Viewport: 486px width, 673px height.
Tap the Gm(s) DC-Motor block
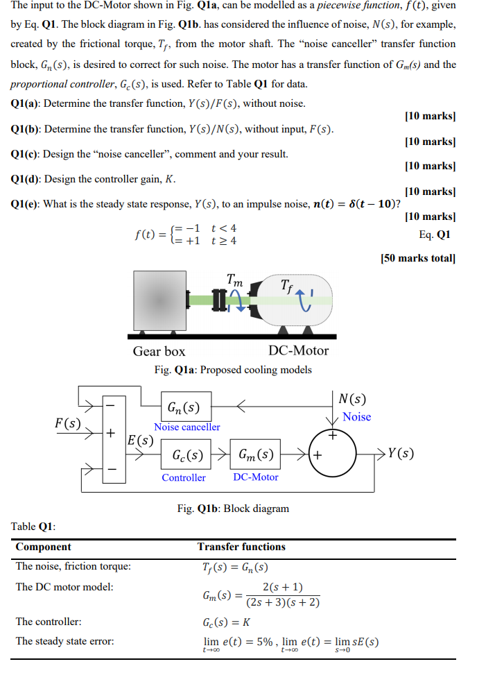255,456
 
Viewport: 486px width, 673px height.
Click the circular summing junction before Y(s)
334,454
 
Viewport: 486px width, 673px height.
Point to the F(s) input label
67,422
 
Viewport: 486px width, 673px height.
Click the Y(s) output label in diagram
401,454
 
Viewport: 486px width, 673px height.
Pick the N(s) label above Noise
353,400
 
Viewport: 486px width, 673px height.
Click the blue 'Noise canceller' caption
187,427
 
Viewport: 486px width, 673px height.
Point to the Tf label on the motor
288,285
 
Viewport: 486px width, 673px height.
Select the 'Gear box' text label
159,351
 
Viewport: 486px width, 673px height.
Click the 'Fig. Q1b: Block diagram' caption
233,509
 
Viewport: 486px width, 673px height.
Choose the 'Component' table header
43,547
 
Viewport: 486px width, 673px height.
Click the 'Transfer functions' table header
241,547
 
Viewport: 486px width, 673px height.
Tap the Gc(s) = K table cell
227,622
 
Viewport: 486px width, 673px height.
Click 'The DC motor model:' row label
64,587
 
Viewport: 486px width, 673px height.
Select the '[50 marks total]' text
418,259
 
